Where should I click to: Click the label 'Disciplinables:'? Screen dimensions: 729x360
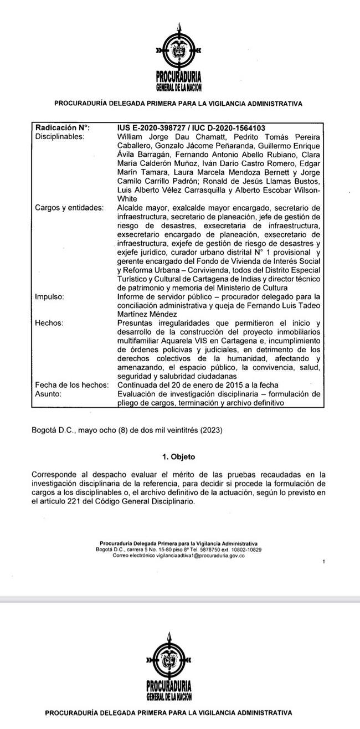coord(59,136)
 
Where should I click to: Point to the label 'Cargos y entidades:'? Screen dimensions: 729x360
coord(69,208)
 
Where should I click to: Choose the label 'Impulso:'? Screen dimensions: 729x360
coord(49,296)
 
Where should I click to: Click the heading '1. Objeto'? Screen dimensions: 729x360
coord(179,457)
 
